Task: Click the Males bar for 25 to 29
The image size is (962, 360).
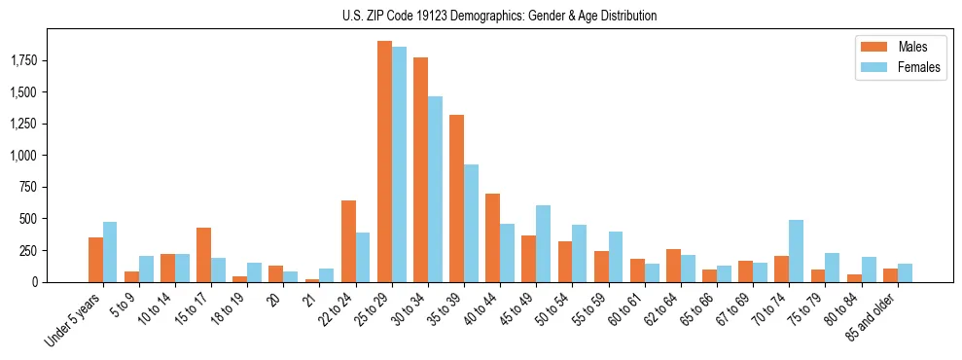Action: [384, 162]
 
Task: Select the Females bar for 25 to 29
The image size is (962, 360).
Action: [399, 164]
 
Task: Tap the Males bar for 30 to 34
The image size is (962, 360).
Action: [420, 170]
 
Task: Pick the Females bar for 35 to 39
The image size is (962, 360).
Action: [471, 223]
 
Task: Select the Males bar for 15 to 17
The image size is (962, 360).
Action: [203, 255]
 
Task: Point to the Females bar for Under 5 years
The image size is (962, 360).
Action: [110, 252]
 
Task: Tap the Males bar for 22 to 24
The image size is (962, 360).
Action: [348, 241]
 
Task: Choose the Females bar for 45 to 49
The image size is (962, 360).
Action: [543, 243]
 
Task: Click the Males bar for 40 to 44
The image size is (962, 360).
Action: [492, 237]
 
